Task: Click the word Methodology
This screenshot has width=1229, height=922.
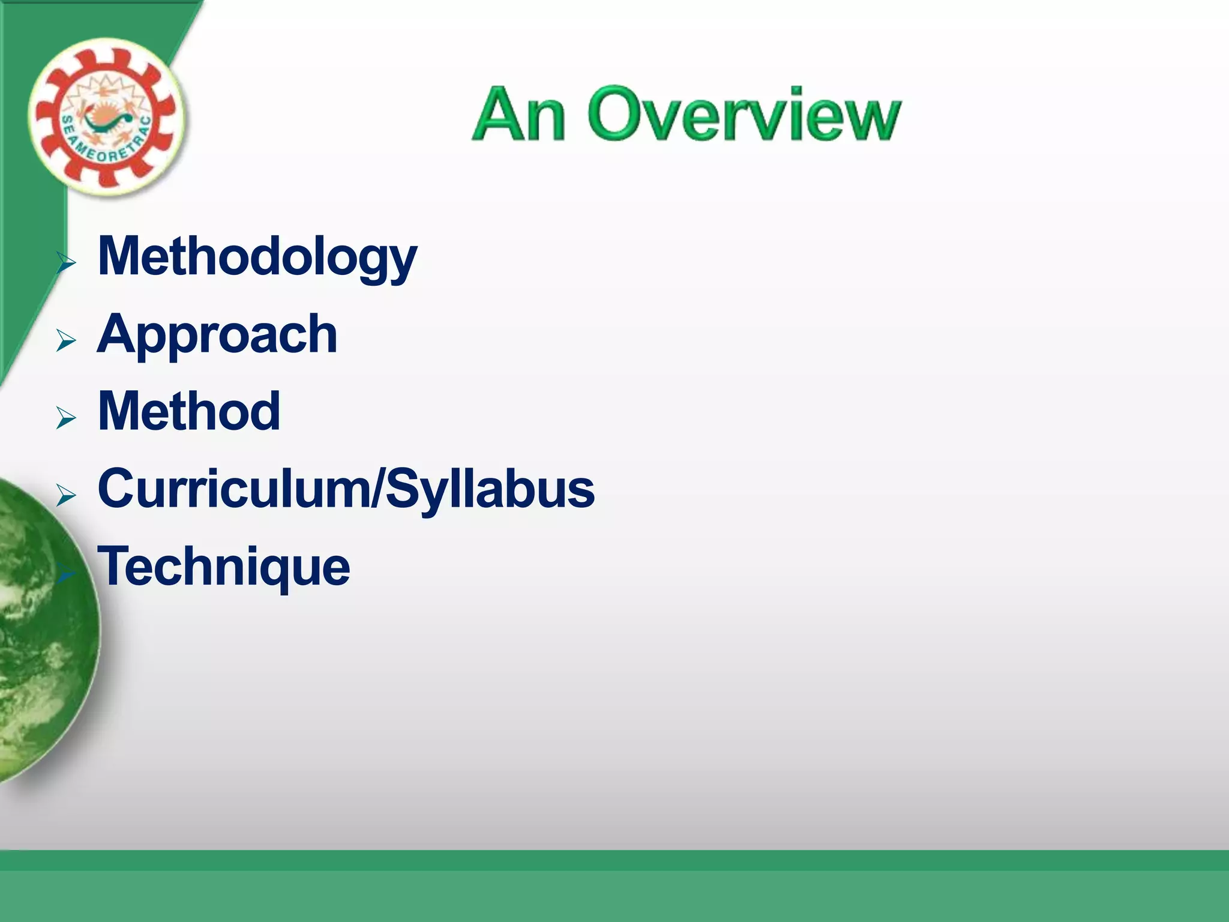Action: click(x=257, y=258)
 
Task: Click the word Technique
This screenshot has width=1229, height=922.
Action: click(x=223, y=567)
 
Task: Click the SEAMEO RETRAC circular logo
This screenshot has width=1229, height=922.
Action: click(x=106, y=118)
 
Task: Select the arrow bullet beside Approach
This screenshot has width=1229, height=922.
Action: click(x=66, y=340)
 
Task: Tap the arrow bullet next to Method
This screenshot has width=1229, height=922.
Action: click(x=66, y=418)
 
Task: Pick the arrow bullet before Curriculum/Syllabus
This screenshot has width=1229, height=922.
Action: click(x=66, y=495)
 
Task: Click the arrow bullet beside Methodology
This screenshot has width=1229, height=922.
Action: click(x=66, y=263)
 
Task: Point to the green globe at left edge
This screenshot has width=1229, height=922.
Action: click(x=42, y=630)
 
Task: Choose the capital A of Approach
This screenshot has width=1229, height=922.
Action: click(x=118, y=334)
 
